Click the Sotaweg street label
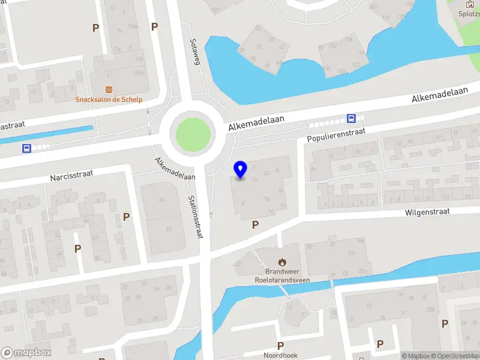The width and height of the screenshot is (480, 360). (x=194, y=52)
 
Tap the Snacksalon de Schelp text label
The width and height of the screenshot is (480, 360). (x=109, y=100)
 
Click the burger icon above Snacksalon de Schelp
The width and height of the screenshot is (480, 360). (x=109, y=89)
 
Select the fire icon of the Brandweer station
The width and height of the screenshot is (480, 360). (x=282, y=262)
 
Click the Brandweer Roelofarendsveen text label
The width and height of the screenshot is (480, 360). (x=282, y=275)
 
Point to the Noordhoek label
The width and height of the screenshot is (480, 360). (x=280, y=355)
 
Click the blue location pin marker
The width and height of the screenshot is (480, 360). (x=240, y=170)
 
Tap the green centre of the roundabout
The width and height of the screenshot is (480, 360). (x=193, y=133)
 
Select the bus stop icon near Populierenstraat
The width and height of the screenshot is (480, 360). (x=351, y=119)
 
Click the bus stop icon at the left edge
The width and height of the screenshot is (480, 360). (x=26, y=148)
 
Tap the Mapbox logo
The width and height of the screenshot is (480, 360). (x=26, y=353)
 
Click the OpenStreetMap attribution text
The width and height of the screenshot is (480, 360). (x=455, y=356)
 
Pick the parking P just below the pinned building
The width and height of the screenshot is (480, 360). (x=256, y=224)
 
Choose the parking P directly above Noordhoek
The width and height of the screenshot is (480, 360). (x=280, y=345)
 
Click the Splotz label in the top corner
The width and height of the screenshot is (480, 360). (x=469, y=14)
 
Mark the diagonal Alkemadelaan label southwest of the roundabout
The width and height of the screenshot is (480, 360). (x=175, y=169)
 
